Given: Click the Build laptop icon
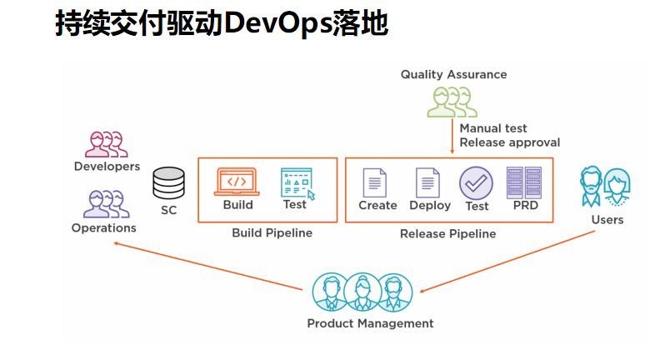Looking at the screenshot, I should (x=237, y=181).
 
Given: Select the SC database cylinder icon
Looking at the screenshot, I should (x=168, y=182).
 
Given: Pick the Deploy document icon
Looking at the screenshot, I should (x=428, y=182).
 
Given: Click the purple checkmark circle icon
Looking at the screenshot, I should (x=476, y=182).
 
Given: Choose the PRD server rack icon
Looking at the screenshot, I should (x=523, y=182).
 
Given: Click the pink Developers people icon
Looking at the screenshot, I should (x=107, y=143).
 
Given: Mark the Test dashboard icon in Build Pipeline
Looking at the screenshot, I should (x=296, y=182).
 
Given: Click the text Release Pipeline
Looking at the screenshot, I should (x=447, y=234).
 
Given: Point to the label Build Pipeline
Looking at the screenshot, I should (x=272, y=233).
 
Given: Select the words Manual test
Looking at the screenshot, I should (x=493, y=128).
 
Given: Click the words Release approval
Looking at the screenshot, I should (x=509, y=142).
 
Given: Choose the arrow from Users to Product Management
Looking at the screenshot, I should (x=508, y=261).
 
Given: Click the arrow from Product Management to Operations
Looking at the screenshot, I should (x=208, y=266).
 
